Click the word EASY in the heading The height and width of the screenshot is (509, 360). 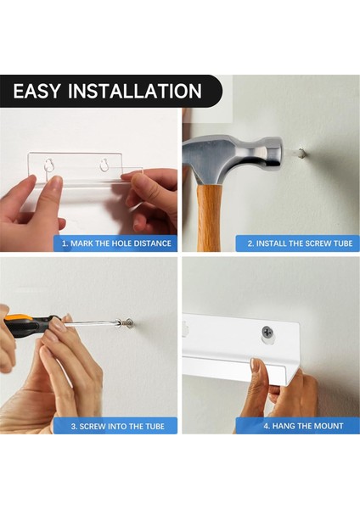[x=37, y=91]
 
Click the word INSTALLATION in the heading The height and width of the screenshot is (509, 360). [x=135, y=91]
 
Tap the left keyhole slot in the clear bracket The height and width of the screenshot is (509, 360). [x=48, y=165]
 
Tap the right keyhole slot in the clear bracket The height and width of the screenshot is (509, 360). [x=104, y=165]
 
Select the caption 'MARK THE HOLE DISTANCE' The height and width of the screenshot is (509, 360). [x=121, y=243]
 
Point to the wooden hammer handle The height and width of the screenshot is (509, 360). [x=209, y=217]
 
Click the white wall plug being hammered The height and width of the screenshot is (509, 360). [x=301, y=153]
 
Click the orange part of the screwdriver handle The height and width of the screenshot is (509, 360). [x=19, y=319]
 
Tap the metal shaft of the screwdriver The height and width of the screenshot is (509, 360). [x=89, y=322]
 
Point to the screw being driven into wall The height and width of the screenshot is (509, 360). [x=126, y=323]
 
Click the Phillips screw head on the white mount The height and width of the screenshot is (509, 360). [x=267, y=332]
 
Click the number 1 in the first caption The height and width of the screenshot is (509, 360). [x=64, y=243]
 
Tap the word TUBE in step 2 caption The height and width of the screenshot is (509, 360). [x=342, y=243]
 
